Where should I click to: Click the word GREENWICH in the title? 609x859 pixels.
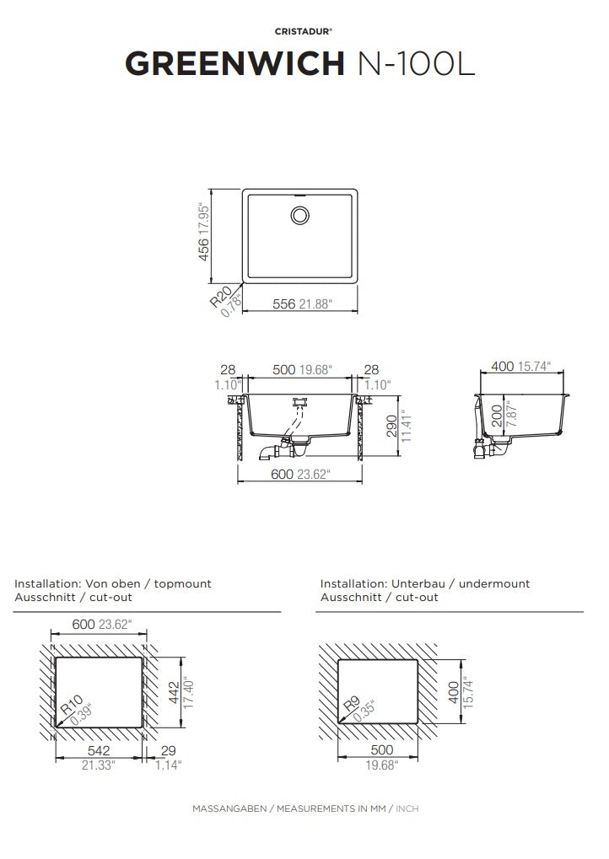click(x=234, y=63)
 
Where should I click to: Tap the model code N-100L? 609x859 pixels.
click(x=416, y=63)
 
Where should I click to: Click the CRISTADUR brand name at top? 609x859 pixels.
click(x=303, y=32)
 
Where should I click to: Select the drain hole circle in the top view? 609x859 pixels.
click(x=299, y=215)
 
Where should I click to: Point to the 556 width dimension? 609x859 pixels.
click(x=284, y=303)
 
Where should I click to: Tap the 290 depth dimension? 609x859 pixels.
click(x=391, y=427)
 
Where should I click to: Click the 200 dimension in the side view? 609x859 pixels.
click(x=497, y=416)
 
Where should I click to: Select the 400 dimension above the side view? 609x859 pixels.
click(x=503, y=366)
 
